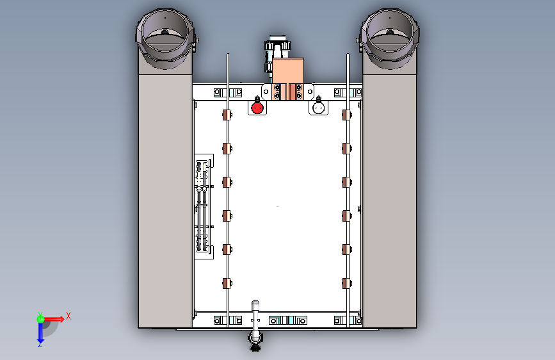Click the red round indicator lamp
[257, 108]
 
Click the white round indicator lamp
[319, 108]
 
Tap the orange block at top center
[288, 72]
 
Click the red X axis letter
[68, 316]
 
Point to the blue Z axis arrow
[40, 333]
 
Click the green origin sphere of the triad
[40, 319]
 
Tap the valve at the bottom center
[255, 341]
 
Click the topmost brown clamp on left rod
[227, 115]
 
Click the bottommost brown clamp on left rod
[227, 284]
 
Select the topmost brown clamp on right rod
[347, 115]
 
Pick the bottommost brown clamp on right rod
[347, 284]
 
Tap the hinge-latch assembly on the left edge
[204, 206]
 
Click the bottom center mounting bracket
[288, 321]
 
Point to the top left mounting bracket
[228, 93]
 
